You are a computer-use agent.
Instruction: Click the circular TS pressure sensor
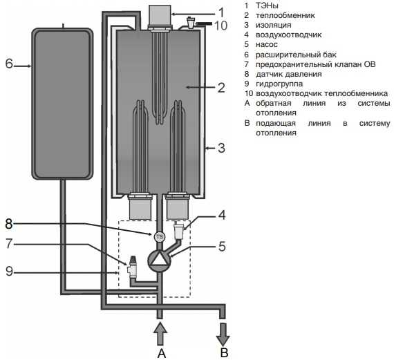159,236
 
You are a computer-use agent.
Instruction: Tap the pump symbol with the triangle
159,260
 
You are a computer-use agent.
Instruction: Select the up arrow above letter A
160,334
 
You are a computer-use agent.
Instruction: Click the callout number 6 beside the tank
9,64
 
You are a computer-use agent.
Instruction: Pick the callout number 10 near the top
221,26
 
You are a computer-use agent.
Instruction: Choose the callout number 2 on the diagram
221,88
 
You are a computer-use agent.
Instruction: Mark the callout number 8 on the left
9,224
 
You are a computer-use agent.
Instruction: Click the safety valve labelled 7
132,267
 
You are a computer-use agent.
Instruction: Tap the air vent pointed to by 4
179,230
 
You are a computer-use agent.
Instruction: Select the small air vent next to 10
191,22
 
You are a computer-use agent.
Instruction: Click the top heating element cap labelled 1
160,15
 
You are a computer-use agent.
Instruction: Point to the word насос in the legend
267,44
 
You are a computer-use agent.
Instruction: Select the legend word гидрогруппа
279,84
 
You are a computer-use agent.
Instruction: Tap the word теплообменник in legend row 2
285,15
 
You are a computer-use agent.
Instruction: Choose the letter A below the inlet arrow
162,354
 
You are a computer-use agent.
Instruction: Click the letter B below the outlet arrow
224,352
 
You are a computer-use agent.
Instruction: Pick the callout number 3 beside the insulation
221,148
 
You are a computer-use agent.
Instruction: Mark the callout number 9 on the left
9,272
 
